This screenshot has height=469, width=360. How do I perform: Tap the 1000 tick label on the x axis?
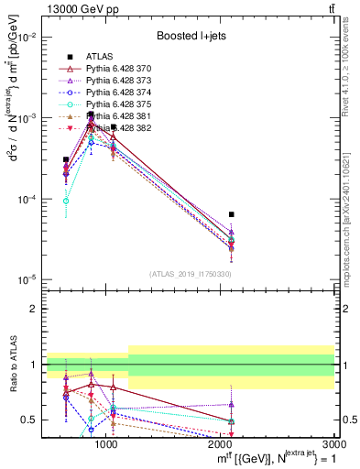(106, 443)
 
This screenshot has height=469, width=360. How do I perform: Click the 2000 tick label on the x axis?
(220, 443)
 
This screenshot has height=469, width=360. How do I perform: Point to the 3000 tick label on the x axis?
(333, 443)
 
